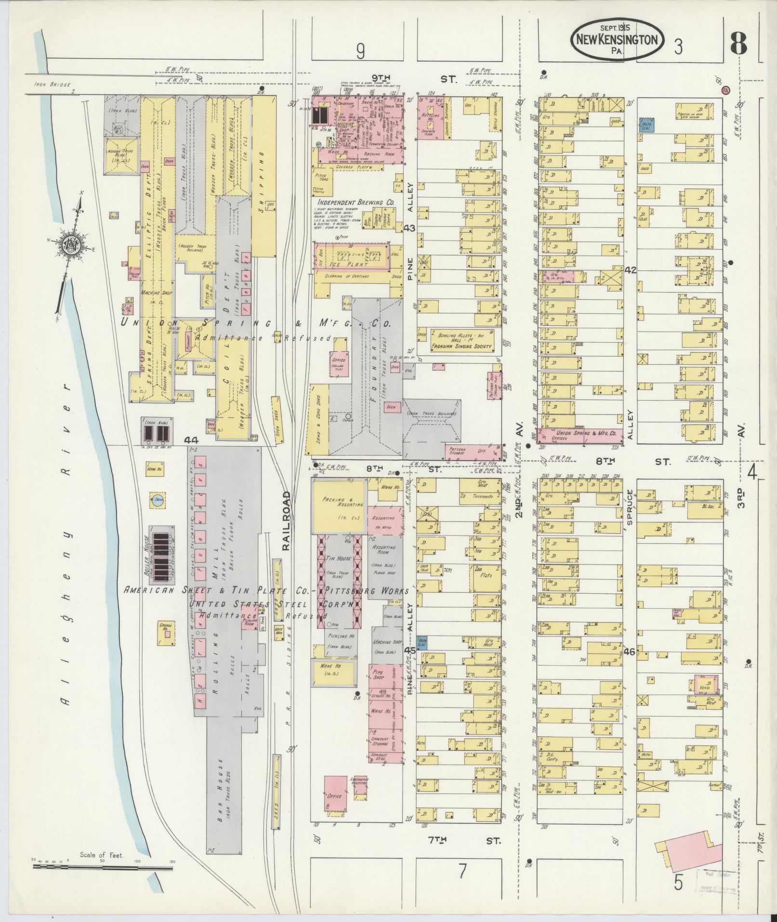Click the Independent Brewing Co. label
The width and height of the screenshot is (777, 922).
tap(355, 203)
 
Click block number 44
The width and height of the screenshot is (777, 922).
tap(192, 440)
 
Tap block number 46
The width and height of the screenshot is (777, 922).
tap(629, 652)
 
